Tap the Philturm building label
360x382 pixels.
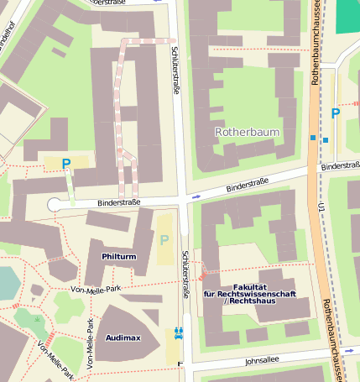pyautogui.click(x=118, y=255)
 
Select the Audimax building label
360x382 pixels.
pyautogui.click(x=123, y=337)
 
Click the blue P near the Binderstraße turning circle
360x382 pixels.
pyautogui.click(x=65, y=164)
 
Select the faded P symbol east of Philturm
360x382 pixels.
pyautogui.click(x=164, y=240)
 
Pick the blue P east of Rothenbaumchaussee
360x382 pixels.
pyautogui.click(x=336, y=113)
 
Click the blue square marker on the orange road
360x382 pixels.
pyautogui.click(x=312, y=137)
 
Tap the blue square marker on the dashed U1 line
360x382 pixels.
pyautogui.click(x=326, y=139)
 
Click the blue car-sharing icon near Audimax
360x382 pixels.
pyautogui.click(x=178, y=332)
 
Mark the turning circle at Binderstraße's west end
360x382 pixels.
pyautogui.click(x=55, y=204)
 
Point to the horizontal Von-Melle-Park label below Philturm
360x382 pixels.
pyautogui.click(x=97, y=290)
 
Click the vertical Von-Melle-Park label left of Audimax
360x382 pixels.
pyautogui.click(x=91, y=344)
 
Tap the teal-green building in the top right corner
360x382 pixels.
pyautogui.click(x=347, y=16)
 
